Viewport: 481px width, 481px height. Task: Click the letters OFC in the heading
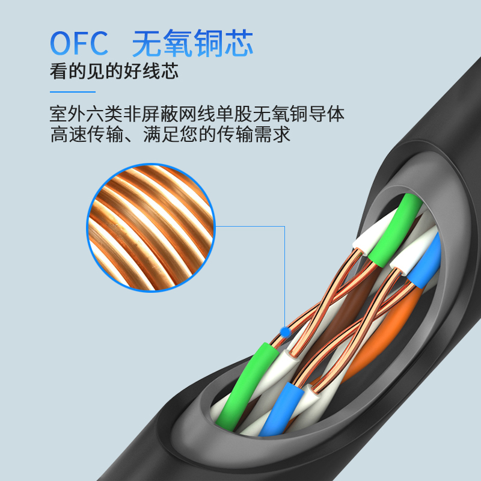[x=79, y=43]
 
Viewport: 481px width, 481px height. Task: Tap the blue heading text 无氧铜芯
[x=192, y=43]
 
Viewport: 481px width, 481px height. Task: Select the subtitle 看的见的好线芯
[x=114, y=72]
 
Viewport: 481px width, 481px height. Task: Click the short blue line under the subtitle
[x=72, y=92]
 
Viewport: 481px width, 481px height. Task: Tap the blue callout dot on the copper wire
[x=285, y=331]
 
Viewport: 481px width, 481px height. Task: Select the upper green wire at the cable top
[x=397, y=228]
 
